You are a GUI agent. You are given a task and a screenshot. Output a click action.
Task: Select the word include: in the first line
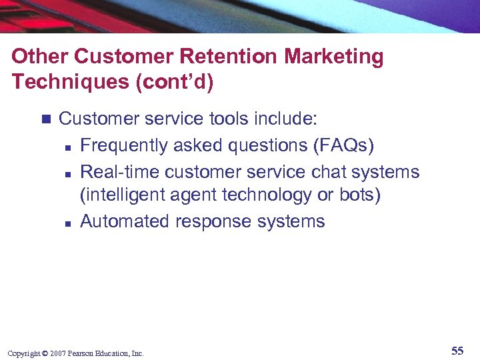click(285, 119)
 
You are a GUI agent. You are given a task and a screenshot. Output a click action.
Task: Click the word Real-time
click(119, 171)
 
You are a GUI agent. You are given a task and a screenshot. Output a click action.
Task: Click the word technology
click(243, 196)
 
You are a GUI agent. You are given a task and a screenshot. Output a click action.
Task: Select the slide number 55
click(457, 351)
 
